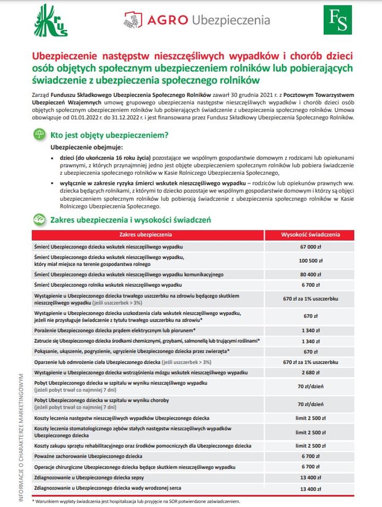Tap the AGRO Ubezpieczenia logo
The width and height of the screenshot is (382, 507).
197,21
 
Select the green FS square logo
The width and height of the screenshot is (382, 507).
337,20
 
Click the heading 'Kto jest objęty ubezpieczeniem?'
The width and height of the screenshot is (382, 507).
109,135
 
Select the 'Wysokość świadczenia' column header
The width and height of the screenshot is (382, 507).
310,234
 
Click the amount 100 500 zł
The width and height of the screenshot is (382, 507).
310,261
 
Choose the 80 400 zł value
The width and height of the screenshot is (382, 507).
310,274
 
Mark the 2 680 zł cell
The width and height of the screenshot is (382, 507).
310,373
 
